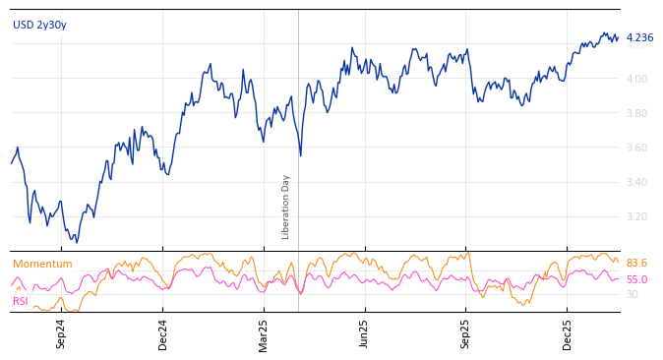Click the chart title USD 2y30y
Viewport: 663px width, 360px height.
tap(39, 25)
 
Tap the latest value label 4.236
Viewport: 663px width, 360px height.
tap(639, 38)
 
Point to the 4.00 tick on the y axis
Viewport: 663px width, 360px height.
tap(637, 79)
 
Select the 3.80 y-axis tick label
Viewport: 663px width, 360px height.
tap(637, 113)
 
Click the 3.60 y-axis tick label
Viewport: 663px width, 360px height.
tap(637, 148)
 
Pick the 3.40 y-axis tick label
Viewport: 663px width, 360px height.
tap(637, 182)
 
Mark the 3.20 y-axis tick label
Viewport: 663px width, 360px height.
tap(637, 216)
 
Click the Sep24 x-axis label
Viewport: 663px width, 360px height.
tap(61, 333)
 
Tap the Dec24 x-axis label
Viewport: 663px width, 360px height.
tap(163, 333)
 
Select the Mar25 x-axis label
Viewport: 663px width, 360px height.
tap(264, 333)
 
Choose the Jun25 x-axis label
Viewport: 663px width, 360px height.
tap(365, 333)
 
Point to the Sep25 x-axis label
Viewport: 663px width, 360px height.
tap(466, 333)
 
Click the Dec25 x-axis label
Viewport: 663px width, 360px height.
tap(568, 333)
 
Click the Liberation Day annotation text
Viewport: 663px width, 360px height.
tap(286, 207)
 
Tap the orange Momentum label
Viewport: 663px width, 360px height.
tap(42, 265)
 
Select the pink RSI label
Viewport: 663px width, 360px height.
tap(21, 301)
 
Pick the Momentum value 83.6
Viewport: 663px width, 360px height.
tap(636, 264)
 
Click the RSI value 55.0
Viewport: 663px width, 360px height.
tap(636, 280)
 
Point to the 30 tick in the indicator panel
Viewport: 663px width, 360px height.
tap(633, 294)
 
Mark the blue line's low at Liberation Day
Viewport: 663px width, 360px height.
tap(300, 155)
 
